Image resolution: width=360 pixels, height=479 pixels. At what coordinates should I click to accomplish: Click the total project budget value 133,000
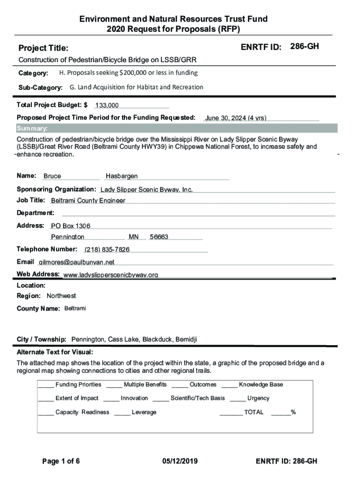coord(107,106)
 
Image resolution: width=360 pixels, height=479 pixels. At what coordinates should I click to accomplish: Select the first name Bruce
coord(52,176)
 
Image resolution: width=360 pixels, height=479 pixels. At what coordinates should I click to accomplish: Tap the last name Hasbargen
coord(122,176)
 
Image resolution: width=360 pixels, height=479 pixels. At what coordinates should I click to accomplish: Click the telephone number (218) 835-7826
coord(107,249)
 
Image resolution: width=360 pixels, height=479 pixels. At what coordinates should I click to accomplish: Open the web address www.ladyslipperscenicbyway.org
coord(110,275)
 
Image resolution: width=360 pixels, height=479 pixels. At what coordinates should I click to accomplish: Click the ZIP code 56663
coord(159,237)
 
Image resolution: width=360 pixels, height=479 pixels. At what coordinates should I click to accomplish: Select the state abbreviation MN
coord(134,237)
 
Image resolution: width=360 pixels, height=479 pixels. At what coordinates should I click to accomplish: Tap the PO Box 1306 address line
coord(71,225)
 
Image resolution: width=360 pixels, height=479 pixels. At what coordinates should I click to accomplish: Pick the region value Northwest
coord(61,296)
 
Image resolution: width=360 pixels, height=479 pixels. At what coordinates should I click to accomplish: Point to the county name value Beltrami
coord(75,309)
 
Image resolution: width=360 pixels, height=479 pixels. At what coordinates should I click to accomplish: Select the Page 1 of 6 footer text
coord(61,461)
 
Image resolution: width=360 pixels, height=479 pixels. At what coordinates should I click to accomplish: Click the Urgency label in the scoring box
coord(258,398)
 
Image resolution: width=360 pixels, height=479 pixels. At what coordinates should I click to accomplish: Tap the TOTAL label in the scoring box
coord(253,412)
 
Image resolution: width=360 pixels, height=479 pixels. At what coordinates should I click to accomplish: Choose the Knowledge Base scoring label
coord(260,385)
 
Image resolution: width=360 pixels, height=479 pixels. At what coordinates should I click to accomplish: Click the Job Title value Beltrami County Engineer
coord(88,201)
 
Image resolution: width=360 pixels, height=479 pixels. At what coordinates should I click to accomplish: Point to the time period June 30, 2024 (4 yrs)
coord(236,118)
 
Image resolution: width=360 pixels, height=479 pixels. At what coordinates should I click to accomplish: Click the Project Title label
coord(43,48)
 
